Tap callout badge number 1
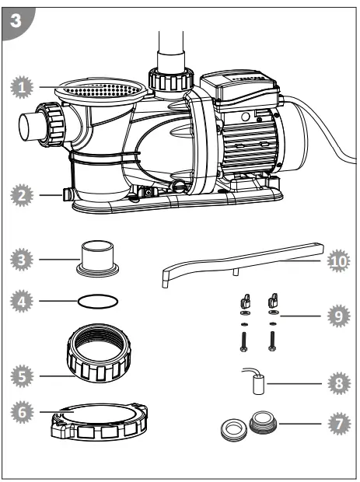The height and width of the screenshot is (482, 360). coord(26,89)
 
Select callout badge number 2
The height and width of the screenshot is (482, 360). coord(26,195)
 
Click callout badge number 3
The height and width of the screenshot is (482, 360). coord(26,257)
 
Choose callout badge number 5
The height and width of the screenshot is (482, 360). coord(26,376)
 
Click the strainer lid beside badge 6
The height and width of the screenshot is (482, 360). coord(99,424)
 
